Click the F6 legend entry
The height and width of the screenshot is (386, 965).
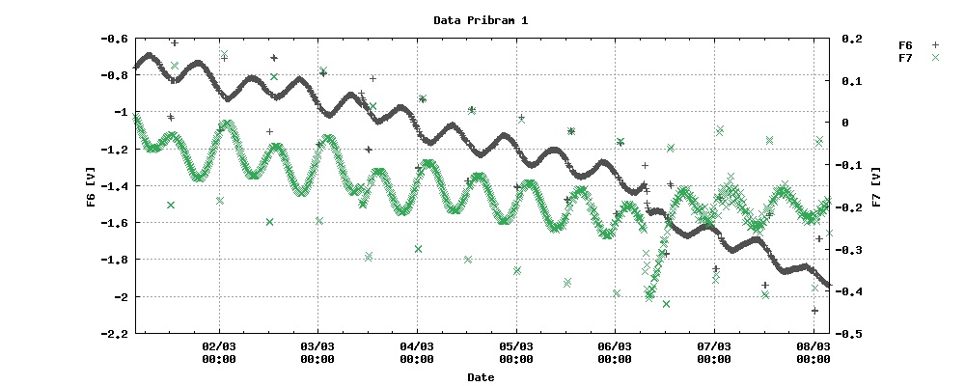click(905, 45)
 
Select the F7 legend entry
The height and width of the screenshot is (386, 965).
click(905, 58)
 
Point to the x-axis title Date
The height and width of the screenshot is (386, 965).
click(481, 377)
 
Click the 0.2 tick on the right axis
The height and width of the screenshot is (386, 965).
click(851, 39)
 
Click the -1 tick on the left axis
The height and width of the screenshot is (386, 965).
click(122, 113)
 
